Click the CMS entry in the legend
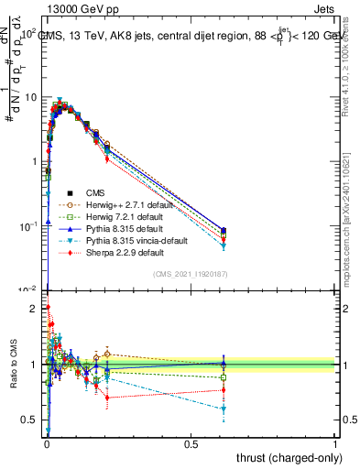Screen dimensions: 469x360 [93, 193]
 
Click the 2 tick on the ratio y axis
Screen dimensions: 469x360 [34, 309]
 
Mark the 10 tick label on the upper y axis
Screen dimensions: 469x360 [30, 97]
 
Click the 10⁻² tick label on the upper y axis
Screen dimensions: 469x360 [27, 289]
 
